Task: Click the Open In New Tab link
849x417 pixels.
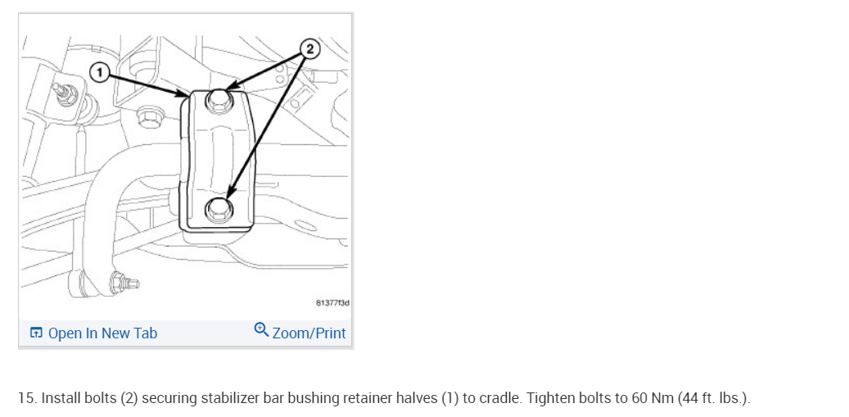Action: pos(102,333)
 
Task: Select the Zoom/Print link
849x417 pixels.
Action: pos(309,333)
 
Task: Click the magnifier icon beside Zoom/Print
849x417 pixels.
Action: pos(261,330)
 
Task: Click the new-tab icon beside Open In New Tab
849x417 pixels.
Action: pos(36,333)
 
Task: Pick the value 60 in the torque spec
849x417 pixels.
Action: pos(638,399)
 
